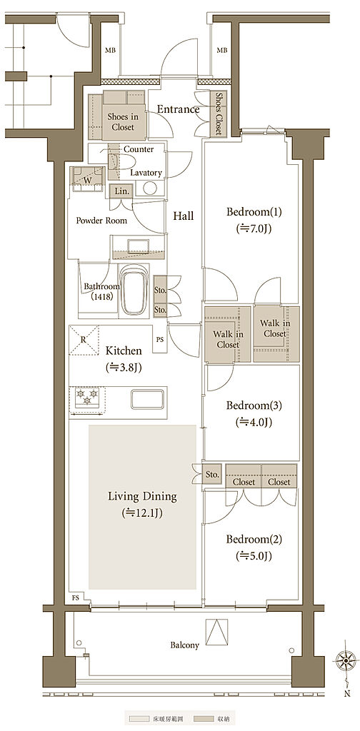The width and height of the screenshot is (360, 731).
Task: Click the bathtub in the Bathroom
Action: (135, 291)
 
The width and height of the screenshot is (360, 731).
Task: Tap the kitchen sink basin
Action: (147, 400)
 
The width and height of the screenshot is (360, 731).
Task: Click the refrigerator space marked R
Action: (84, 340)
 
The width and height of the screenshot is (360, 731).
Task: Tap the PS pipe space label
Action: (160, 339)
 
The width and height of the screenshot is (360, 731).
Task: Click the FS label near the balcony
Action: (75, 598)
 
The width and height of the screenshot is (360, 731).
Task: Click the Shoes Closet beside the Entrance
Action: (219, 114)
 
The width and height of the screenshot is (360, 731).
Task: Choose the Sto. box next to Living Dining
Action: (212, 475)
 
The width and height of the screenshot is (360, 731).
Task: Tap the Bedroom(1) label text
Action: (254, 212)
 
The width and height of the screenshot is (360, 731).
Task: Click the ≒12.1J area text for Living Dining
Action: (142, 513)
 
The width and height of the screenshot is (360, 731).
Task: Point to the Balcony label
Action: (185, 645)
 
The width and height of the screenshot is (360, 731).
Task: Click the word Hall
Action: (184, 216)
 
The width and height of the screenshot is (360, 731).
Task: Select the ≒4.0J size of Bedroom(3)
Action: (254, 423)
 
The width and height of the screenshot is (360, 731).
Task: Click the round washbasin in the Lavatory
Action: (150, 188)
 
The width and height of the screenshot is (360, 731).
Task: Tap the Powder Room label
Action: (101, 221)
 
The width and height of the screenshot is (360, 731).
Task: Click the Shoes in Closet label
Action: (121, 121)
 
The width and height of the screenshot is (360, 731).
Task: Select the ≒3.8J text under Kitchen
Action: (124, 367)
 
